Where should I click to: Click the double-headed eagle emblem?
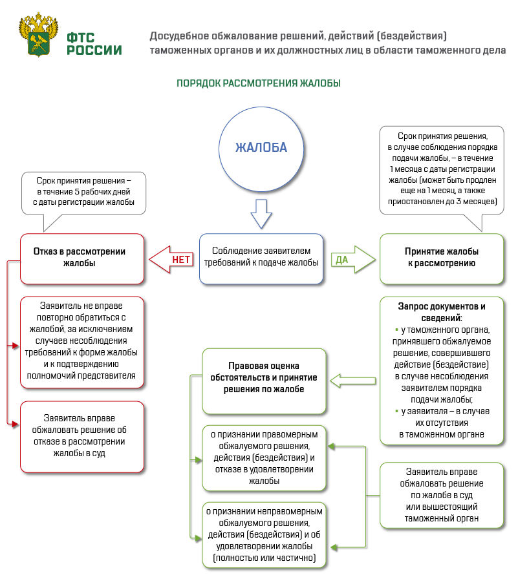(x=39, y=36)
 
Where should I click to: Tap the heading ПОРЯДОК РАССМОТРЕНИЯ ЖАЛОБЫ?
(x=259, y=83)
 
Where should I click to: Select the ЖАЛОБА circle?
(x=261, y=148)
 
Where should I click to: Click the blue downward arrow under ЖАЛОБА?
(x=261, y=214)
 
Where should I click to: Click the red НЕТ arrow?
(x=171, y=259)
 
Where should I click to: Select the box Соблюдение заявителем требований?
(x=261, y=258)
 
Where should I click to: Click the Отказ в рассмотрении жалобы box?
(x=81, y=258)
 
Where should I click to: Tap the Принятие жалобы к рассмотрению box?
(x=442, y=258)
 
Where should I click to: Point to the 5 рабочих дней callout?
(x=84, y=192)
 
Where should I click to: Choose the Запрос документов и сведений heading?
(x=442, y=311)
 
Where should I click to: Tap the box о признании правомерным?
(x=264, y=457)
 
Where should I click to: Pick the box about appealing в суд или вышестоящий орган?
(x=442, y=495)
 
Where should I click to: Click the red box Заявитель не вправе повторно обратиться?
(x=81, y=342)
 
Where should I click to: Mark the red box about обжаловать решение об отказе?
(x=81, y=436)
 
